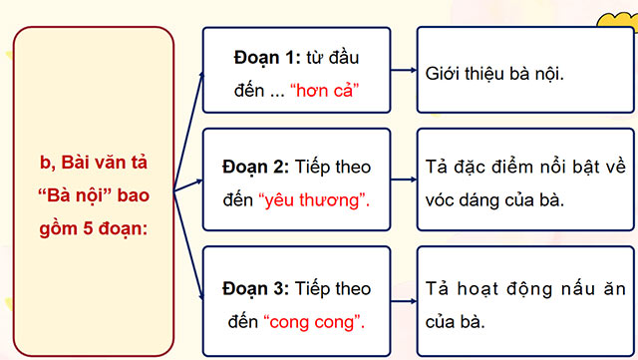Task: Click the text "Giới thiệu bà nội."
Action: point(494,73)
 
